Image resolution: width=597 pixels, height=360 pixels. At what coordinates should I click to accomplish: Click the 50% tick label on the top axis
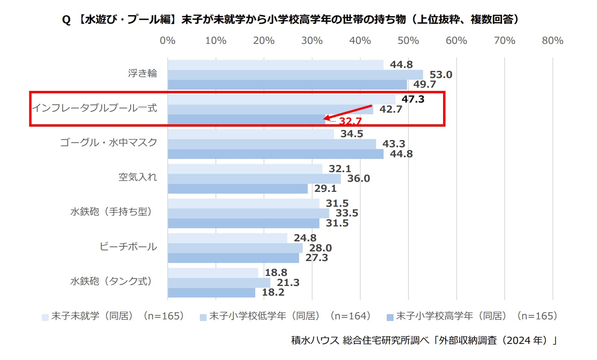pos(408,41)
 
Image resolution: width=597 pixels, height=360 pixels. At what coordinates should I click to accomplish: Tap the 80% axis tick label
pos(552,41)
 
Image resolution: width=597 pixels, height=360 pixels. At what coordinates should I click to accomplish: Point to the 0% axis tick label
pos(168,41)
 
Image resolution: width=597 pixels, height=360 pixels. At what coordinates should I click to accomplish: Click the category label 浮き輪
pos(142,73)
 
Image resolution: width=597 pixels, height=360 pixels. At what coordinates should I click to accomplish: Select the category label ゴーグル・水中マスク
pos(109,142)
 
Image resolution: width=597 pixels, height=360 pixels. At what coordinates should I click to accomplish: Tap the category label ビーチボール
pos(128,247)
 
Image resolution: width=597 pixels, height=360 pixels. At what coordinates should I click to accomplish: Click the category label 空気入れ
pos(137,177)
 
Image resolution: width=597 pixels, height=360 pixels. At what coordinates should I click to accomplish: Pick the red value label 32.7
pos(350,121)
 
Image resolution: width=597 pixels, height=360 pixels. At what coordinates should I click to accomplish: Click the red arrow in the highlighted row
pos(348,112)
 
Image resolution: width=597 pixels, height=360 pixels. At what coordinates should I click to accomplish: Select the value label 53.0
pos(441,75)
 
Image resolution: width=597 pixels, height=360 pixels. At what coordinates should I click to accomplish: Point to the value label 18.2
pos(273,292)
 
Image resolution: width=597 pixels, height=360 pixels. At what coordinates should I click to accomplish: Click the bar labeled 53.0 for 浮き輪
pos(295,75)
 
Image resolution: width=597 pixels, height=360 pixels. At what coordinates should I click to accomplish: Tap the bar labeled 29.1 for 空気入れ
pos(238,189)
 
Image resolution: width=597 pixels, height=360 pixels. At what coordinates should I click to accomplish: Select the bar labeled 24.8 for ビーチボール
pos(227,238)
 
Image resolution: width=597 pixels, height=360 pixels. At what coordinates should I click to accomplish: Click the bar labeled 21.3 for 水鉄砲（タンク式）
pos(219,283)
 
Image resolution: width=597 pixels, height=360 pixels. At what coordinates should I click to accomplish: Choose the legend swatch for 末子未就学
pos(45,317)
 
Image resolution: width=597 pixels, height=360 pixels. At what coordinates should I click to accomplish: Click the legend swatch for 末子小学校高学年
pos(390,317)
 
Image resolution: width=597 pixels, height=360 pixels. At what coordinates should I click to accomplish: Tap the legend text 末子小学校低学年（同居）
pos(289,316)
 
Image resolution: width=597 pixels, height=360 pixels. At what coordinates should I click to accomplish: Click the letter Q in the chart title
pos(66,20)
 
